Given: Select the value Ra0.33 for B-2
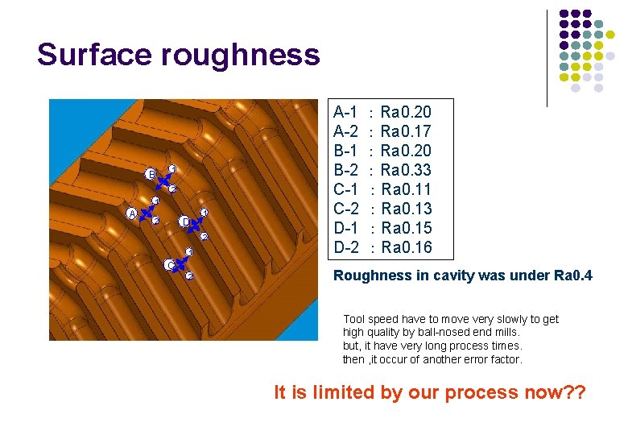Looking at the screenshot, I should (x=406, y=170).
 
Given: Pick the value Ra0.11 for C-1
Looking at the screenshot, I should (x=407, y=189).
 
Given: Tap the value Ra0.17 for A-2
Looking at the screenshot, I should (x=406, y=131).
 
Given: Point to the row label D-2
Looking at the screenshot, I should (x=346, y=247).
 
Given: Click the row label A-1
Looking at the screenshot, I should (x=346, y=112).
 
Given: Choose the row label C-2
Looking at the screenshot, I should (x=346, y=209).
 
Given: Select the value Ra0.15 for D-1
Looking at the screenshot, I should (x=407, y=228).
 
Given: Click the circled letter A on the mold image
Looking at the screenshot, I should (x=132, y=213).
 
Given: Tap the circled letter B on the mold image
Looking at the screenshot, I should (x=150, y=174).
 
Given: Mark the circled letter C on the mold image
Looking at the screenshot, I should (x=169, y=264).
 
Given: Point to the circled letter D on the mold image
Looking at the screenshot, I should (x=184, y=221).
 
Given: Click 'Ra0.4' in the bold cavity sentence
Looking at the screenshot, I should (x=573, y=276).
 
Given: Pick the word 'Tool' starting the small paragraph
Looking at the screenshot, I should (x=354, y=319).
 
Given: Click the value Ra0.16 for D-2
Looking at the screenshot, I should (x=407, y=247).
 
